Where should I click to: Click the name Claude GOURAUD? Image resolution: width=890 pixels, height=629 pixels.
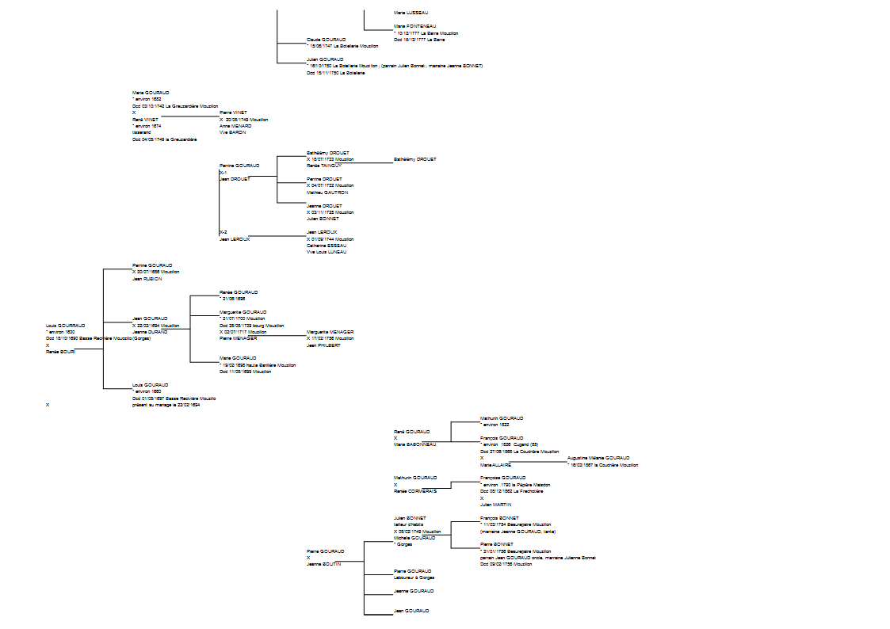(327, 40)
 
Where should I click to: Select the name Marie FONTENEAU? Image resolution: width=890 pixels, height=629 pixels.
(411, 26)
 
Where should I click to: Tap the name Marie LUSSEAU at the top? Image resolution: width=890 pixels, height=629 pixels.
(410, 13)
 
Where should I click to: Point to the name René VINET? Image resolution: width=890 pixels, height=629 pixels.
(145, 120)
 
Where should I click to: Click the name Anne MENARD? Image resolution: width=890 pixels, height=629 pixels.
(235, 126)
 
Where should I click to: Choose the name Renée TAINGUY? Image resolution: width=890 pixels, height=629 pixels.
(323, 166)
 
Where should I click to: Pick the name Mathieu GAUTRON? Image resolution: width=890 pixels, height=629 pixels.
(327, 193)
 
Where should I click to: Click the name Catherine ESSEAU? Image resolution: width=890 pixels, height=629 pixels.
(326, 246)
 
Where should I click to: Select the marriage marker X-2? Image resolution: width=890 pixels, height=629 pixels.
(223, 232)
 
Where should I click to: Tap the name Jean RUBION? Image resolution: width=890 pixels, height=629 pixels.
(147, 279)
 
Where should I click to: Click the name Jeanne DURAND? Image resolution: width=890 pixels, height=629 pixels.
(150, 332)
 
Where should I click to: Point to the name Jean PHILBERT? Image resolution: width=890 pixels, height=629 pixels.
(323, 345)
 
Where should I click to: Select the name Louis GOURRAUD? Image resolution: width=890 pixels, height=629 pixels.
(65, 325)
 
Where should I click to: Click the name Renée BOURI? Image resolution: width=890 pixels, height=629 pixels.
(60, 351)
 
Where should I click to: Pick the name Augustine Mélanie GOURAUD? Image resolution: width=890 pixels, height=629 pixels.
(598, 458)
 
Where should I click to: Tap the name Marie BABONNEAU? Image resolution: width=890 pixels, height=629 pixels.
(414, 444)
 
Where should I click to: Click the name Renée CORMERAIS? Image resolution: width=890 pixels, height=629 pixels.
(414, 491)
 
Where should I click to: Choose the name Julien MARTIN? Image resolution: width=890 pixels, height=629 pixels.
(495, 505)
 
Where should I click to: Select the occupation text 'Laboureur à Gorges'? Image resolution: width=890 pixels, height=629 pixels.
(414, 578)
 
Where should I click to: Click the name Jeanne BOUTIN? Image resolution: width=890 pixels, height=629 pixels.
(323, 564)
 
